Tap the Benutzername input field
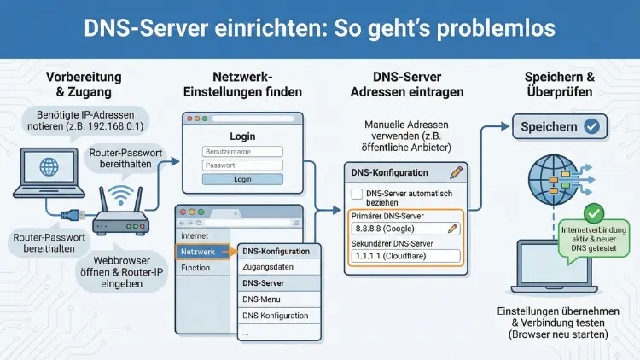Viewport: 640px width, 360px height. [x=242, y=151]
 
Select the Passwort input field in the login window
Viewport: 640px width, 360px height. [x=242, y=165]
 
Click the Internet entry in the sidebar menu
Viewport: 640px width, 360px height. [x=195, y=235]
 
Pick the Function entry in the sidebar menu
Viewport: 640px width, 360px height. [x=195, y=268]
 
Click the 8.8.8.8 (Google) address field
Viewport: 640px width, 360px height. [x=405, y=229]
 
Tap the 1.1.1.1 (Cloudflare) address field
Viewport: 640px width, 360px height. [x=405, y=256]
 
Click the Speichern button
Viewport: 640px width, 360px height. [x=559, y=127]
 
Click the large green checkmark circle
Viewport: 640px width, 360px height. [x=594, y=213]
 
